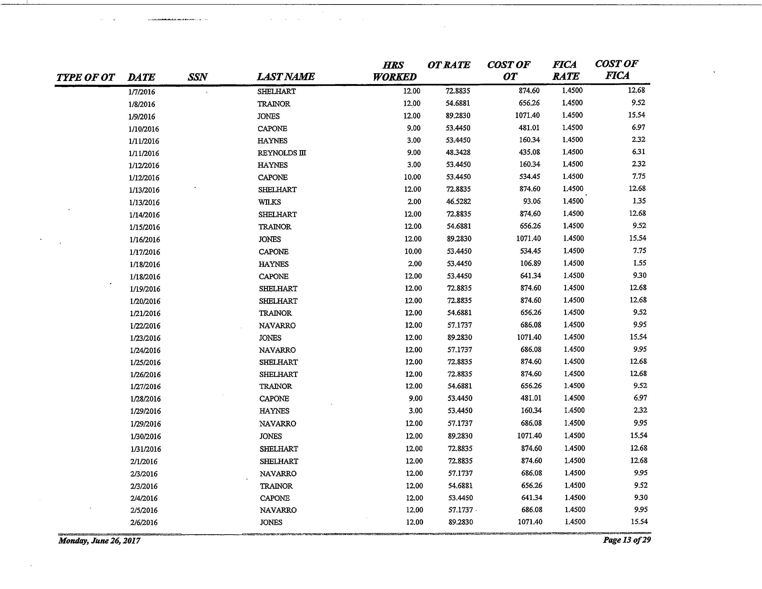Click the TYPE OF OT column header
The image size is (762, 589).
tap(85, 77)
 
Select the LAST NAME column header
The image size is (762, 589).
tap(286, 76)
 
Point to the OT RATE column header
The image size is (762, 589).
tap(449, 65)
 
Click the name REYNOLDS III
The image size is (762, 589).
tap(281, 153)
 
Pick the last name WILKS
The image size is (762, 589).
tap(269, 202)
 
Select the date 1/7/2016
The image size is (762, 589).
tap(142, 92)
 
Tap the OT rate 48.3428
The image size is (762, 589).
tap(458, 152)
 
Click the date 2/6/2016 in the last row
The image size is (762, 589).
tap(144, 522)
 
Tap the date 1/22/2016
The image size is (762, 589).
tap(145, 326)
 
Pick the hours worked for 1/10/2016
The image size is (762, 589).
tap(414, 128)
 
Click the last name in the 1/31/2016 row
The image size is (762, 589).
tap(278, 449)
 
